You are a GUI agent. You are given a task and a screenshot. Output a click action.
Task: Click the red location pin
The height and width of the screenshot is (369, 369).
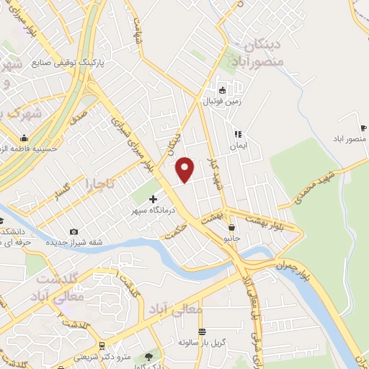coord(185,169)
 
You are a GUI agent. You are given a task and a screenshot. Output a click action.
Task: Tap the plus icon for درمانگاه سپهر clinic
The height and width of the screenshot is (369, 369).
coord(152,198)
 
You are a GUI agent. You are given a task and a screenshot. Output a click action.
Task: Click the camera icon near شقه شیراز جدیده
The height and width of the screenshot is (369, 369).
coord(73,231)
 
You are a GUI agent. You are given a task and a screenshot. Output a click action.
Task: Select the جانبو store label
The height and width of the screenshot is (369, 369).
coord(231,237)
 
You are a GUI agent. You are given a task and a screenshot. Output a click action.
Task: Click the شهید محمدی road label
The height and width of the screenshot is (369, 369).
coord(321,185)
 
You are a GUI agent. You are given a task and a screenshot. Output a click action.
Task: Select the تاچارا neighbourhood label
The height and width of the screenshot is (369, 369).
coord(101,184)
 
